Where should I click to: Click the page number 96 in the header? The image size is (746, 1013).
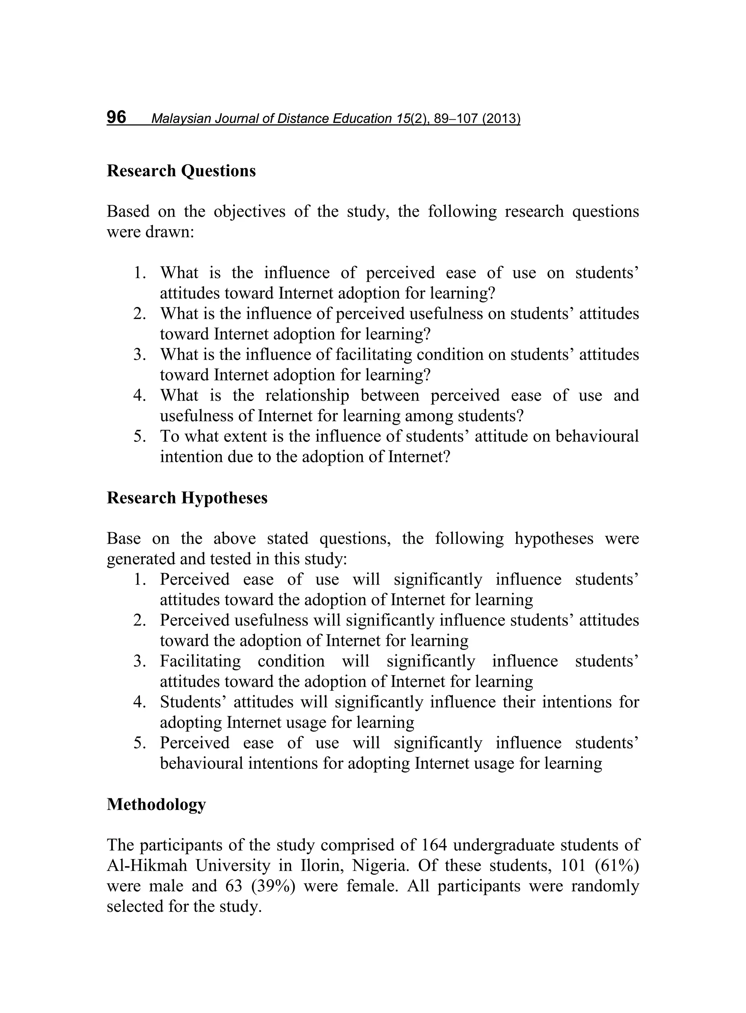tap(117, 117)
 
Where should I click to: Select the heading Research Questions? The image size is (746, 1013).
tap(181, 171)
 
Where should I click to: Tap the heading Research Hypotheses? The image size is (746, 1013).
tap(187, 498)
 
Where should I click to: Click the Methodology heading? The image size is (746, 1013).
tap(156, 804)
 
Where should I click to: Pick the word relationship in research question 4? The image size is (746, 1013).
tap(307, 396)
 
